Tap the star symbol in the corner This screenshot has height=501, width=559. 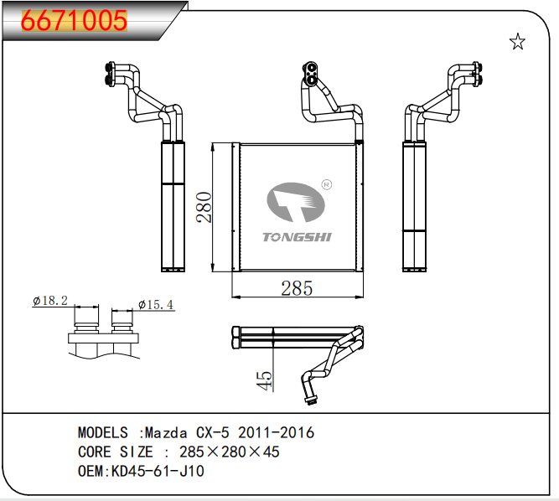[517, 43]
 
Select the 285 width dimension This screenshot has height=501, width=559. [297, 288]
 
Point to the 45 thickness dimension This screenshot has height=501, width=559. [264, 380]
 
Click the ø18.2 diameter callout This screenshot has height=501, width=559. [50, 301]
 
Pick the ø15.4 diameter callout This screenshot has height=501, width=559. [155, 304]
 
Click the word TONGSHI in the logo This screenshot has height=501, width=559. [298, 237]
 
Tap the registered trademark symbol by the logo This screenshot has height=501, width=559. [327, 183]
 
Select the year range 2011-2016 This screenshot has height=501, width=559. [277, 433]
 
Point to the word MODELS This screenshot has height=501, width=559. [102, 433]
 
